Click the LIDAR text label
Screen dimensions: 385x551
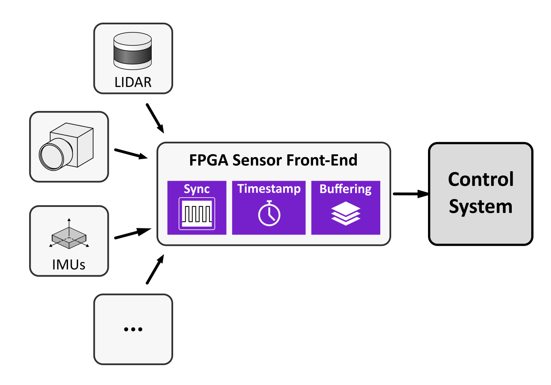(x=133, y=82)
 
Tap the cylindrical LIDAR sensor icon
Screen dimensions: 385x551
(x=133, y=51)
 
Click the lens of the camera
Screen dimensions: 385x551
(x=51, y=156)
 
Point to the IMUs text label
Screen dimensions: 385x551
(x=69, y=265)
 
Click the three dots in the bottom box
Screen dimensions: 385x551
(x=133, y=329)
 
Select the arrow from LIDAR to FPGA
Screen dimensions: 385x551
(x=155, y=118)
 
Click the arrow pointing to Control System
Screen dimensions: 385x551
(x=410, y=194)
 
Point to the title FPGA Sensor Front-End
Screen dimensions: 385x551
(x=273, y=160)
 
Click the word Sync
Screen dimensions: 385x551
(x=197, y=189)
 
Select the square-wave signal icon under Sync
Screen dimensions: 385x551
(x=197, y=213)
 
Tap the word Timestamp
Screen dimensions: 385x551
(x=269, y=189)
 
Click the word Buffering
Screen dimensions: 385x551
(x=345, y=189)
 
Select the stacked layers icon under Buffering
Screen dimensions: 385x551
(x=345, y=213)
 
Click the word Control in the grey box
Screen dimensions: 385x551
(x=481, y=179)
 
